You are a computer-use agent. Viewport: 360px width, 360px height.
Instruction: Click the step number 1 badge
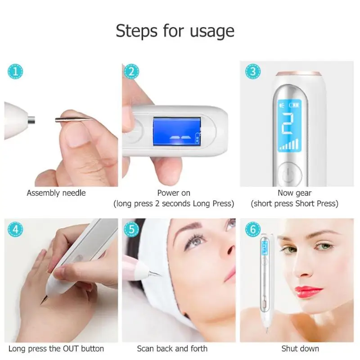pos(15,72)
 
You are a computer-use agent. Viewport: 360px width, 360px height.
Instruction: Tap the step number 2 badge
pos(131,72)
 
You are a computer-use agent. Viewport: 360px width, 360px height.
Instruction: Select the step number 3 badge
pos(253,72)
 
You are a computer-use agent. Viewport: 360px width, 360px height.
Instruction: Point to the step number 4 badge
pos(15,229)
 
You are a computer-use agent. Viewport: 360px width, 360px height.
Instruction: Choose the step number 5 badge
pos(131,229)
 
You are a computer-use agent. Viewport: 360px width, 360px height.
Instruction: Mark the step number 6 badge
pos(253,229)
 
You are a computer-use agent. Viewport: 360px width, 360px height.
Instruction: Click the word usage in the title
pos(212,31)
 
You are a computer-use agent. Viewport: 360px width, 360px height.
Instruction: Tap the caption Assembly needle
pos(56,193)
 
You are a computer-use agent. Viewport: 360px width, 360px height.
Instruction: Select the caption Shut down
pos(300,348)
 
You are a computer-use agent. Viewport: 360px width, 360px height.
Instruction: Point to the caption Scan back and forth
pos(172,348)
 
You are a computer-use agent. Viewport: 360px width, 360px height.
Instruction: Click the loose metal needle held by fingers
pos(74,119)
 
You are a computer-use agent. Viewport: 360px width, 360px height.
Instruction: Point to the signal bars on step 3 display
pos(288,144)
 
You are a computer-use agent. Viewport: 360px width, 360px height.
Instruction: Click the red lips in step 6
pos(307,292)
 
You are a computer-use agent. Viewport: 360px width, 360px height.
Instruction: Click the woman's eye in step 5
pos(195,242)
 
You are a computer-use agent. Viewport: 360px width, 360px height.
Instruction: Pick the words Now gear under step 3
pos(295,193)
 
